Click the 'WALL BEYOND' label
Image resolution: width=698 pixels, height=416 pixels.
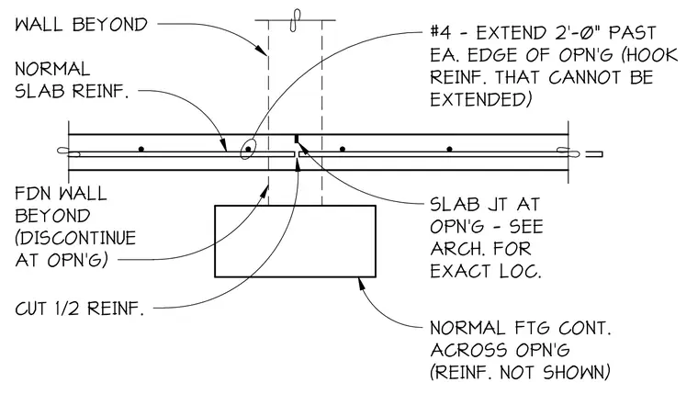coord(81,25)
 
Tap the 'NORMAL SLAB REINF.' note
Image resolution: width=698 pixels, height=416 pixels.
coord(72,80)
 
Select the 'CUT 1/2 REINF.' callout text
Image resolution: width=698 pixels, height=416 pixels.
coord(80,309)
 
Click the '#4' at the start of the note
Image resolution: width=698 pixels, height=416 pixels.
coord(439,32)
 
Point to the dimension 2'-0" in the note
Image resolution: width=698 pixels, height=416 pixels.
coord(571,32)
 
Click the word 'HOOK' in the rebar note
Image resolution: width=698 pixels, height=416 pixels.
coord(654,55)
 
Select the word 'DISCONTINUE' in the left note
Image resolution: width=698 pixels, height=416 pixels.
coord(75,238)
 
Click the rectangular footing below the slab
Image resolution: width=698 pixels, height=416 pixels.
coord(295,242)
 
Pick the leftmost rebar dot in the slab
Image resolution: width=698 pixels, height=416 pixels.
coord(141,149)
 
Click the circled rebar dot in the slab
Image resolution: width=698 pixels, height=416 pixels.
coord(248,149)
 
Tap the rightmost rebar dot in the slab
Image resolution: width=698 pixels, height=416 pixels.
coord(450,149)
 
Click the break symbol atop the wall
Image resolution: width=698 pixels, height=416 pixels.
coord(295,20)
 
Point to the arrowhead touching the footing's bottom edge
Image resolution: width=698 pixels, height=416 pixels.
coord(363,285)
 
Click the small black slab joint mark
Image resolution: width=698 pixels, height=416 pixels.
coord(296,139)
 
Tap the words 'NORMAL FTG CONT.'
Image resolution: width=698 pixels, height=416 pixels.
coord(521,329)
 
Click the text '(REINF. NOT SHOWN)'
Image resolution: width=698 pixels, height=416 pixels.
coord(520,373)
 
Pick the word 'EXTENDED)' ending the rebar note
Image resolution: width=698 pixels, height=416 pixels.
coord(480,99)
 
